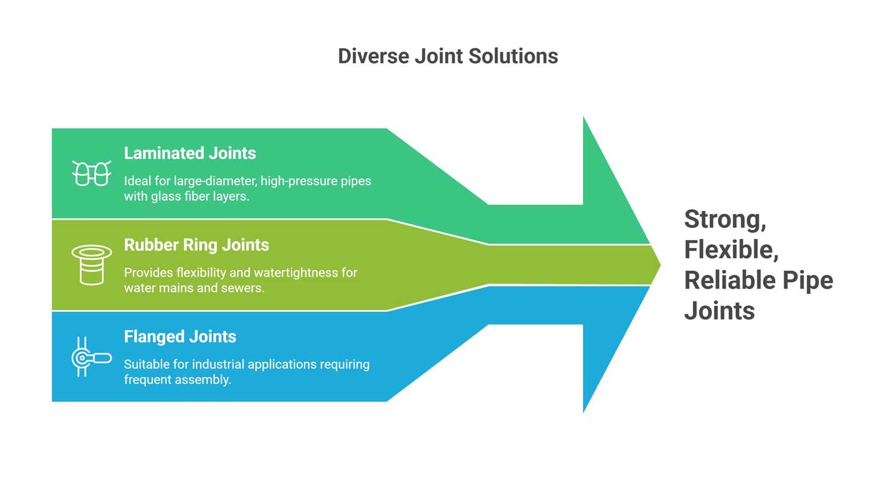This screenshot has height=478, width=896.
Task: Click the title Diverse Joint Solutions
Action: pos(447,56)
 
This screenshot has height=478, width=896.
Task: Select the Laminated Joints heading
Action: pos(190,153)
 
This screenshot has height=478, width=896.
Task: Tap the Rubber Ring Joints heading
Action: pos(197,245)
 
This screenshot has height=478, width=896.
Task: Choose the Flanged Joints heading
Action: pos(180,337)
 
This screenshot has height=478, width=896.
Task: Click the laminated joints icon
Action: pos(92,173)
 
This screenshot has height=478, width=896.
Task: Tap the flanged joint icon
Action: pos(91,357)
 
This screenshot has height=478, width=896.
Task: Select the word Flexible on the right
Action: pos(730,250)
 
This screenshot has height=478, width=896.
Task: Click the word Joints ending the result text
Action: pos(719,311)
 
